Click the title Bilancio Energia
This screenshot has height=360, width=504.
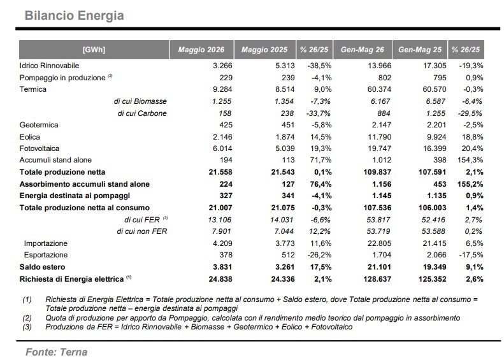pyautogui.click(x=75, y=15)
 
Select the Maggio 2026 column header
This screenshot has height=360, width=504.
pyautogui.click(x=201, y=50)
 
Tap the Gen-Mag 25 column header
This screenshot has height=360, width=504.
pyautogui.click(x=420, y=50)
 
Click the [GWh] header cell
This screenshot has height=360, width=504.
pyautogui.click(x=94, y=50)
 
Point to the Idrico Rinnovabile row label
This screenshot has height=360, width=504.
pyautogui.click(x=49, y=66)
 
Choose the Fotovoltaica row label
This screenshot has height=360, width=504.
pyautogui.click(x=40, y=148)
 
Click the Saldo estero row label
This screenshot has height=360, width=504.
pyautogui.click(x=42, y=267)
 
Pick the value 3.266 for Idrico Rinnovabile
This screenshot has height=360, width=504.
pyautogui.click(x=222, y=66)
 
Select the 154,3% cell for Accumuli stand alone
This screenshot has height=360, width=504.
pyautogui.click(x=470, y=160)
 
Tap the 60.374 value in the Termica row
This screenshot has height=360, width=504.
pyautogui.click(x=379, y=89)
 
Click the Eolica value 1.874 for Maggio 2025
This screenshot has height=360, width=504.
pyautogui.click(x=285, y=137)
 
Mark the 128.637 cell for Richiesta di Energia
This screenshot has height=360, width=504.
pyautogui.click(x=377, y=279)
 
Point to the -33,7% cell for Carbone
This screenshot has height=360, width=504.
pyautogui.click(x=318, y=113)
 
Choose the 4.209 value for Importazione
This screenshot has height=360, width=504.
pyautogui.click(x=222, y=243)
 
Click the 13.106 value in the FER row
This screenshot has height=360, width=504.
pyautogui.click(x=220, y=220)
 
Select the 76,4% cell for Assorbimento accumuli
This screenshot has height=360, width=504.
pyautogui.click(x=319, y=184)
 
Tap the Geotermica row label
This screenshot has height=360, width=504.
pyautogui.click(x=39, y=125)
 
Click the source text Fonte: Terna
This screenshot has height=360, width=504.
pyautogui.click(x=57, y=352)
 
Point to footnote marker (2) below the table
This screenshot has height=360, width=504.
pyautogui.click(x=27, y=318)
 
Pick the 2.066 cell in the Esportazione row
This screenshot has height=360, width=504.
pyautogui.click(x=436, y=255)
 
